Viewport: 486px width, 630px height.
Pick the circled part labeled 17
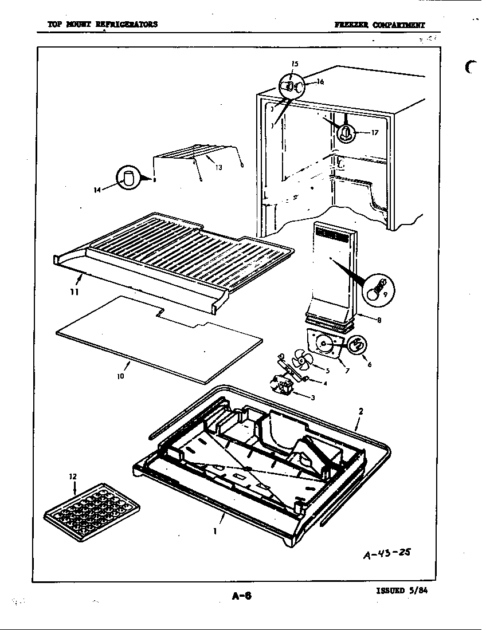coord(346,133)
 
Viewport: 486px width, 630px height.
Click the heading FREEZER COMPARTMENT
coord(380,25)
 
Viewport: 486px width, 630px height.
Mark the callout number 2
coord(360,411)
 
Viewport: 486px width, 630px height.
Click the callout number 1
coord(214,531)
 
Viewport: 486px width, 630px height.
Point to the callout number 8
coord(379,321)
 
